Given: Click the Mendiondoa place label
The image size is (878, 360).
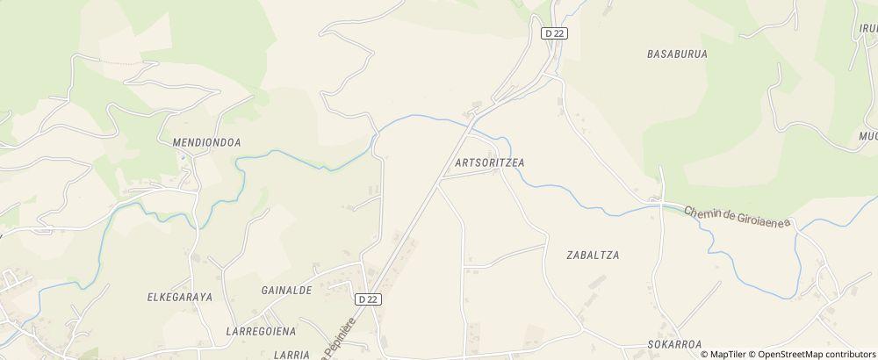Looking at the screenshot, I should point(200,141).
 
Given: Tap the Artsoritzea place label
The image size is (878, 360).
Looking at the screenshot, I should point(496,163).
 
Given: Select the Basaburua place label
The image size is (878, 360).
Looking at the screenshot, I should point(677,54).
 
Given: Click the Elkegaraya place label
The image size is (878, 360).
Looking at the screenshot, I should point(180,298).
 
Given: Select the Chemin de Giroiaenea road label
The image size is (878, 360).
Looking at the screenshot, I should point(738,216).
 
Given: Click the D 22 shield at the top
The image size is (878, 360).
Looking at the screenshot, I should point(552,33).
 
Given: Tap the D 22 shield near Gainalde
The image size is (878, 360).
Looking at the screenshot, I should point(369,299).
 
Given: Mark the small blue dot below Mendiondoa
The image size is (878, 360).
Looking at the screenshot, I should point(183,156).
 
